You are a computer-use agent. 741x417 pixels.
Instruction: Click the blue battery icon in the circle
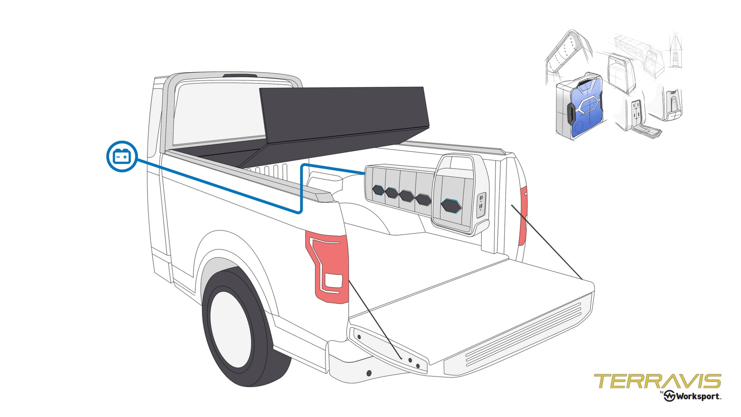tap(122, 156)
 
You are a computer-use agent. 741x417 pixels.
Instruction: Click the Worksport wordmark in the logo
tap(697, 397)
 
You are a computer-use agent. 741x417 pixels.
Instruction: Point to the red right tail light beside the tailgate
tap(523, 216)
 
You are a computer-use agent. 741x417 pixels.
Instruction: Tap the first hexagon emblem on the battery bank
tap(378, 190)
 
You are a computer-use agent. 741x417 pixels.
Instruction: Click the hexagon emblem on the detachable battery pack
tap(451, 206)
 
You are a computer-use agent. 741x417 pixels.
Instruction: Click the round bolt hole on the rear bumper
tap(369, 373)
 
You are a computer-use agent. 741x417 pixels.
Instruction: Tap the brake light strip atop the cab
tap(240, 75)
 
